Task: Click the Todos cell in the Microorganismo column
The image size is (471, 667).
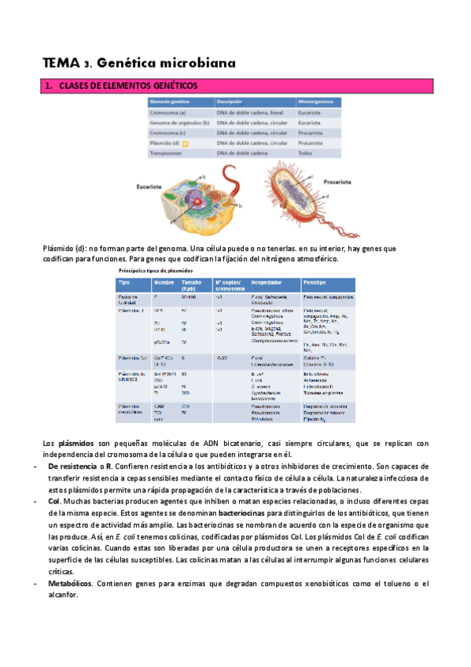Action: point(306,153)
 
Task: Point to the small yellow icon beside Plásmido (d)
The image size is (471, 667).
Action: point(185,144)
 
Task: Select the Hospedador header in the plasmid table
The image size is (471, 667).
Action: point(268,282)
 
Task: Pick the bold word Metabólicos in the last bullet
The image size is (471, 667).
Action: point(70,583)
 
